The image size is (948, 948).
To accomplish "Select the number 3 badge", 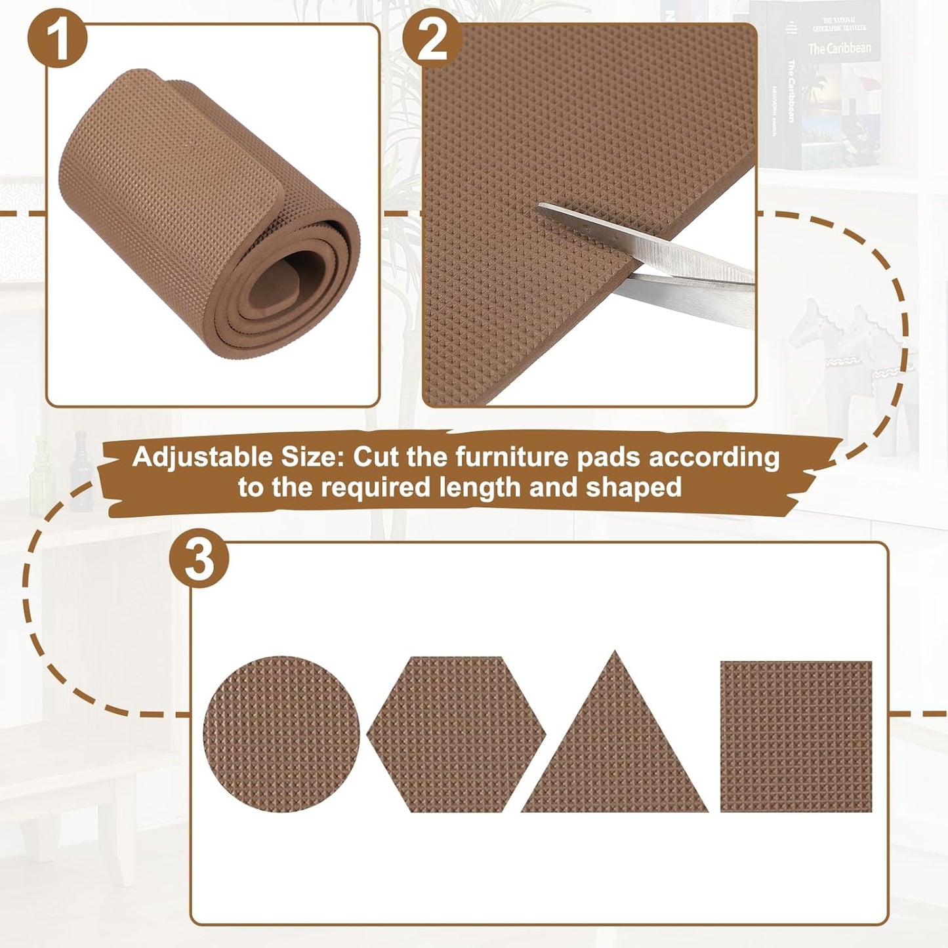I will point(199,561).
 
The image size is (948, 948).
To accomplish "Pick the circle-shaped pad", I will point(281,732).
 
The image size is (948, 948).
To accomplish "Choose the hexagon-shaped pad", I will point(456,733).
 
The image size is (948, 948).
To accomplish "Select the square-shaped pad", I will point(796,736).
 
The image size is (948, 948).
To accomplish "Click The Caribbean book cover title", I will point(839,49).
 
